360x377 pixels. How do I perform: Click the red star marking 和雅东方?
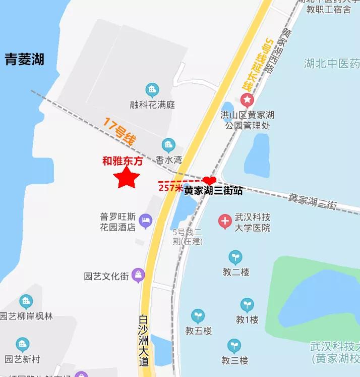point(126,178)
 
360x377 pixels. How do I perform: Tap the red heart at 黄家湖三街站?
point(210,180)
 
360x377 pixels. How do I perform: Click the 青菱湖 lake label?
point(25,60)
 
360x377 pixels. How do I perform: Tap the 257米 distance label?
point(170,188)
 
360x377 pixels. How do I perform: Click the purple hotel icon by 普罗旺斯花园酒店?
point(146,220)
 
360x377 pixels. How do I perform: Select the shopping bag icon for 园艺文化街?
point(138,276)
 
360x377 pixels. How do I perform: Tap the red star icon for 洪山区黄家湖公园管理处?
point(247,99)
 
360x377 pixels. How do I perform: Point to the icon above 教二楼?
point(235,257)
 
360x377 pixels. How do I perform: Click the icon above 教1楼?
point(247,305)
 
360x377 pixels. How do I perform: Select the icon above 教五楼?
point(198,316)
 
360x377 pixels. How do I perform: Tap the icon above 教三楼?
point(234,346)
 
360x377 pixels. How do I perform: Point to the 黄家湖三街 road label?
point(312,201)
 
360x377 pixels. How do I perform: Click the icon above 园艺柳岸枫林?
point(26,302)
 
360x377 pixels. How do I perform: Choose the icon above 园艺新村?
point(22,345)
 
